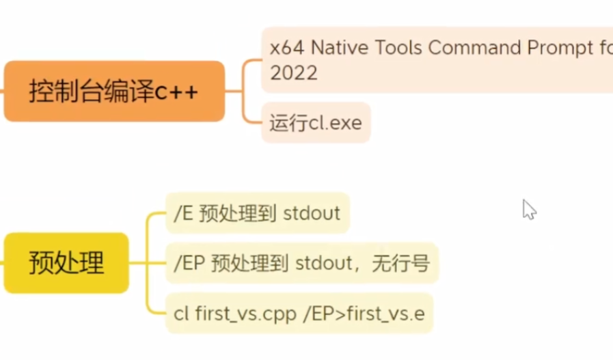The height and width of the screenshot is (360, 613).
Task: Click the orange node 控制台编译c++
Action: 114,91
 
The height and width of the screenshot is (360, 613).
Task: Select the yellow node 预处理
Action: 66,263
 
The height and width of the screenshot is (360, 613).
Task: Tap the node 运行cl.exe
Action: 316,123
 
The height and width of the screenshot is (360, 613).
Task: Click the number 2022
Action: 294,73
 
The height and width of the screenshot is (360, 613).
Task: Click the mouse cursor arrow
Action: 528,208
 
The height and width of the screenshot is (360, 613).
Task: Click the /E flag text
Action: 183,213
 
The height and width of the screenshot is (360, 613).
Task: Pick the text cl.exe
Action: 332,123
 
